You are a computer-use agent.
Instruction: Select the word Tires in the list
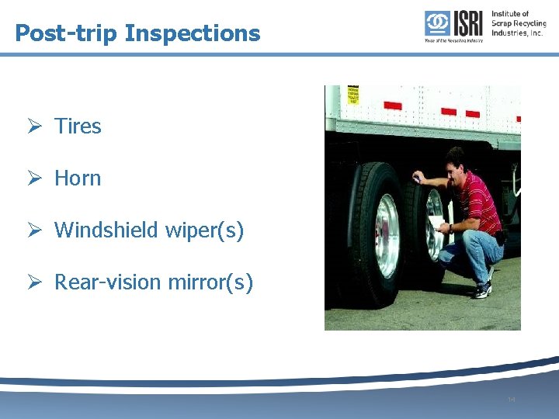pos(78,126)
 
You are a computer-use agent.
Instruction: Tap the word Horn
pos(78,178)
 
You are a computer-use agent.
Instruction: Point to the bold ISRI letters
pos(467,23)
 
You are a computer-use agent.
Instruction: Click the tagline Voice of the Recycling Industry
pos(453,40)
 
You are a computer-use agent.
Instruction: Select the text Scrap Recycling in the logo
pos(519,23)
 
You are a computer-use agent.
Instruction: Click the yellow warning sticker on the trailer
pos(354,95)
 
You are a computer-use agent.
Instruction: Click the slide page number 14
pos(511,400)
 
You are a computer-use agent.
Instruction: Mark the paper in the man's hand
pos(437,227)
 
